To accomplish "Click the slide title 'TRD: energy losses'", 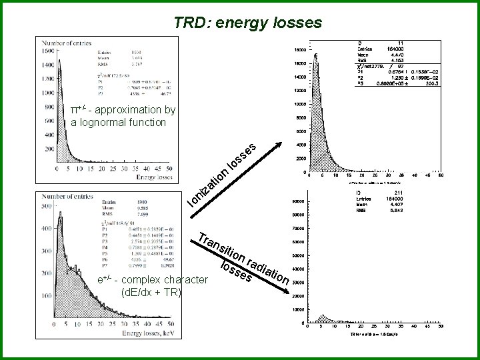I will (248, 23).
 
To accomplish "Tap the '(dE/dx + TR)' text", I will (150, 292).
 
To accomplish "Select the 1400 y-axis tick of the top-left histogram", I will (48, 65).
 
